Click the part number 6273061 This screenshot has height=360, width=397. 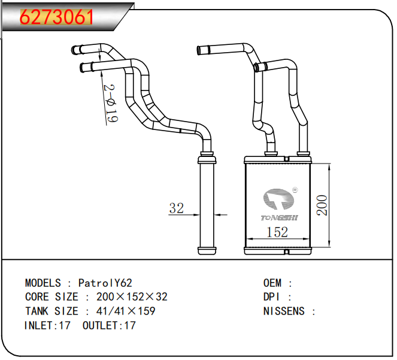click(x=57, y=17)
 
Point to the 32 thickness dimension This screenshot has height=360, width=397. click(x=176, y=208)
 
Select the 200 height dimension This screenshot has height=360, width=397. click(x=322, y=205)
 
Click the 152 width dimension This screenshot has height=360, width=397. click(x=277, y=232)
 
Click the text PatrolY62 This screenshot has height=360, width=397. click(x=105, y=283)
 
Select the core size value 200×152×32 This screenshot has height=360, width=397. click(x=132, y=297)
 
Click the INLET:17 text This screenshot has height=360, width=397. click(x=47, y=326)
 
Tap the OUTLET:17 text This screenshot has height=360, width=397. click(x=109, y=326)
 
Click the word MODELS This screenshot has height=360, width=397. click(x=43, y=283)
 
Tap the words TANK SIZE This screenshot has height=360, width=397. click(x=51, y=311)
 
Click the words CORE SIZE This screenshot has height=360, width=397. click(x=51, y=297)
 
